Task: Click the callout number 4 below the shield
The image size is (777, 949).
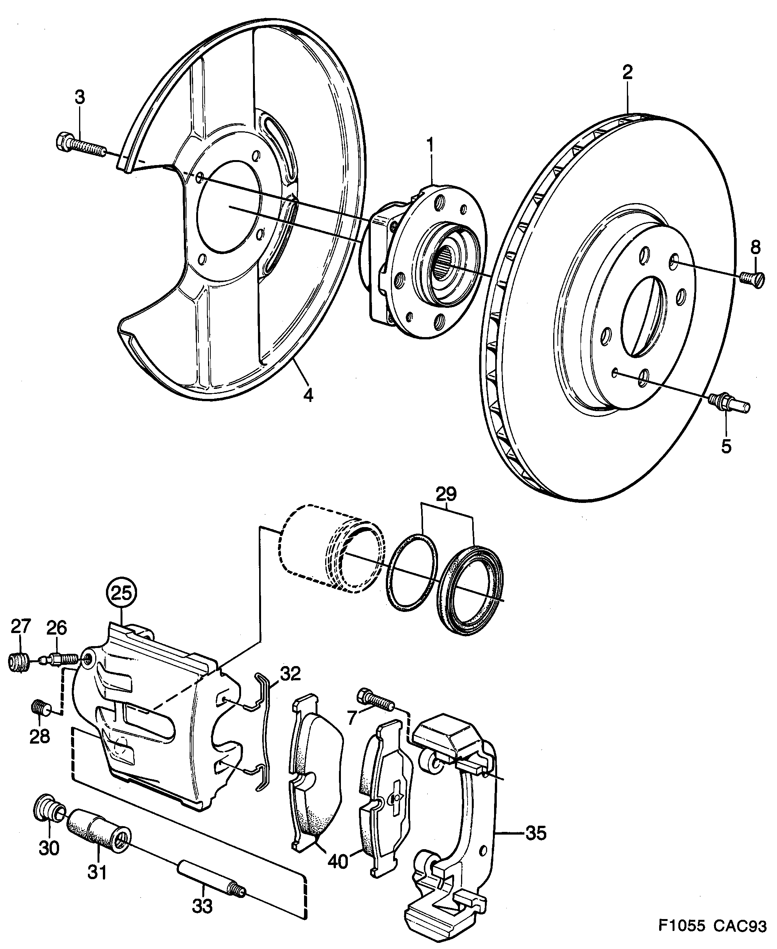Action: [308, 394]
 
